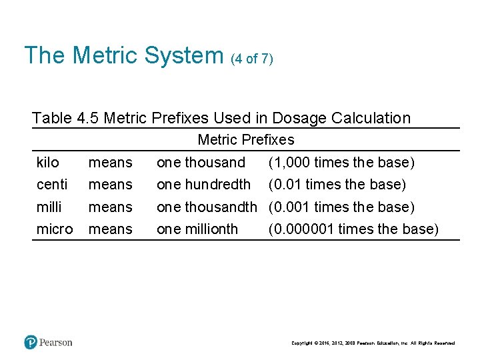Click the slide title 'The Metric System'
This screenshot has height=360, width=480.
click(123, 55)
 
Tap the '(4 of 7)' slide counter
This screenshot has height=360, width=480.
click(251, 59)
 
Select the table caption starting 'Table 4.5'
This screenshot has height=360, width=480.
click(221, 118)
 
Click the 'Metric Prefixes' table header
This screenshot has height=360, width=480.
click(245, 140)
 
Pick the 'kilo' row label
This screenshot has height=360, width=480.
click(47, 162)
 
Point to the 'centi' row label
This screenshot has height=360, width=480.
click(51, 184)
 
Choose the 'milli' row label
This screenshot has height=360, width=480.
click(49, 207)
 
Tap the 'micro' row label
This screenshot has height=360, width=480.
click(55, 229)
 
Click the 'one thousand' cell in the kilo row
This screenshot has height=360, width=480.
click(201, 162)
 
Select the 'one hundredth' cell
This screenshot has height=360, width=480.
click(203, 184)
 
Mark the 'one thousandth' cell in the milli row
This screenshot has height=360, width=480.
click(207, 207)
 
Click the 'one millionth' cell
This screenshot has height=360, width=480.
click(197, 229)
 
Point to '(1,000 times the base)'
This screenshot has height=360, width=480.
click(341, 162)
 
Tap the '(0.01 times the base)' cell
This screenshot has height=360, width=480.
click(337, 184)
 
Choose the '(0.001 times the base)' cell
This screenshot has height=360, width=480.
click(341, 207)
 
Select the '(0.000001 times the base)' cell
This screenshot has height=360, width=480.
click(353, 229)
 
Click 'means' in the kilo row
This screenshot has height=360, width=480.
click(111, 162)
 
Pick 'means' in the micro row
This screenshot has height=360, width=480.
click(111, 229)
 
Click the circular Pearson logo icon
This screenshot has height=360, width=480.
click(31, 342)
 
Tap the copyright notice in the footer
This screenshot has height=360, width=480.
click(373, 343)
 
